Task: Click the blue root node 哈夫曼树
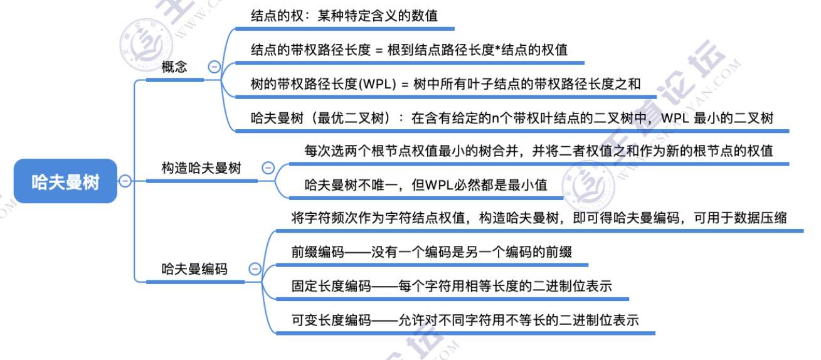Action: point(65,181)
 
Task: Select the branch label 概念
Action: point(174,67)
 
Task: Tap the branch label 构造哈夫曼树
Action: point(201,168)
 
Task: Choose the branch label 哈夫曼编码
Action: point(194,269)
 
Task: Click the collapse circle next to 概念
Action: point(215,67)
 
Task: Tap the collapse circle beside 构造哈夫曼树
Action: point(268,168)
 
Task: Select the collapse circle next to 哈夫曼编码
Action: point(255,269)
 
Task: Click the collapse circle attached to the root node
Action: point(125,181)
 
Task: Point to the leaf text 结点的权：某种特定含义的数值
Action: point(344,16)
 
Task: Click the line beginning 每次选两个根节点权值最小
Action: point(539,151)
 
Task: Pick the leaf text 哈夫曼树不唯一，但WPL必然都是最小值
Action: point(426,184)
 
